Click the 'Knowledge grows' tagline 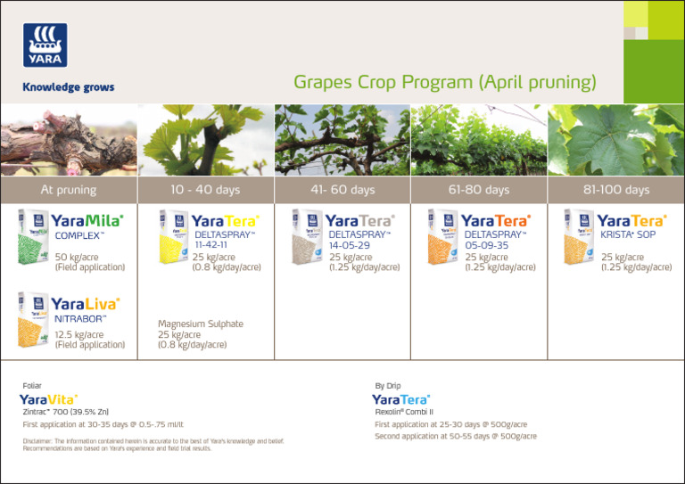(x=69, y=88)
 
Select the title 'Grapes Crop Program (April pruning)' (x=444, y=83)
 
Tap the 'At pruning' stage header (x=69, y=190)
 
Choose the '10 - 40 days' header (x=205, y=190)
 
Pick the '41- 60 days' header (x=342, y=190)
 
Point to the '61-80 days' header (x=479, y=190)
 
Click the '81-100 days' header (x=616, y=190)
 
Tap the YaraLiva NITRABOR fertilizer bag (x=33, y=319)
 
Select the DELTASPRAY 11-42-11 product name (x=224, y=238)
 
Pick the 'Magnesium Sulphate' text (x=200, y=324)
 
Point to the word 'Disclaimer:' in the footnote (x=37, y=440)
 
